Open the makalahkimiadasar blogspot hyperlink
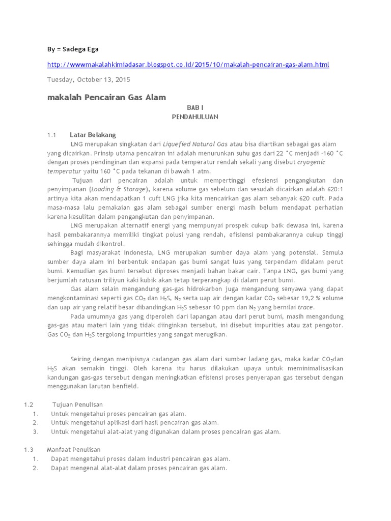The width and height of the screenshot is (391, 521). click(188, 65)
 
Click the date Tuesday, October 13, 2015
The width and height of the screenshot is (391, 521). click(89, 79)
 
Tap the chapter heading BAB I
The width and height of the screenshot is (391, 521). click(194, 108)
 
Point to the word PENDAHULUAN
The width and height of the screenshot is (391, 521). click(194, 117)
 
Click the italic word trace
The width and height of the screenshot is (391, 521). click(305, 307)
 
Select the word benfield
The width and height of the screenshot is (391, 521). click(122, 386)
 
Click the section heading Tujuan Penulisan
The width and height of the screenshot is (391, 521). click(74, 404)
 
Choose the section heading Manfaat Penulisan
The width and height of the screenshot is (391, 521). click(74, 450)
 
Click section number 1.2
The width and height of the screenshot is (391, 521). click(28, 404)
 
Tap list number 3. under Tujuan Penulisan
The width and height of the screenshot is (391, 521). click(36, 432)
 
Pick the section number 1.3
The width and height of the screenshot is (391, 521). click(28, 450)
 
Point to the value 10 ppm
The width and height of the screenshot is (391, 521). click(237, 307)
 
